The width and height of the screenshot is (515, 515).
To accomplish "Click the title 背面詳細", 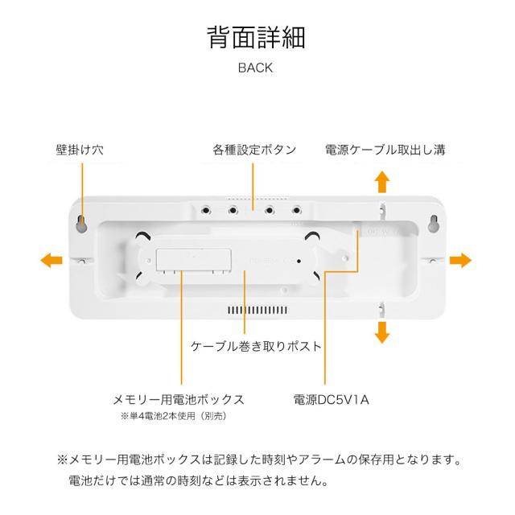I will [256, 37].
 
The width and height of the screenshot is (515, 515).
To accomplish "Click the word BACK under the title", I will [255, 68].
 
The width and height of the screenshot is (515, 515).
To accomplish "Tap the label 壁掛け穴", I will [80, 150].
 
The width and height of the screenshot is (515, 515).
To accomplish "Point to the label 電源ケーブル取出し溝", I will [385, 150].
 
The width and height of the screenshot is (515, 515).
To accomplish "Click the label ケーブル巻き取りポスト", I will [255, 346].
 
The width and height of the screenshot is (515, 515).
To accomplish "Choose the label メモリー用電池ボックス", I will [178, 399].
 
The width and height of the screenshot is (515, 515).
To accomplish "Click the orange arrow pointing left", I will [51, 259].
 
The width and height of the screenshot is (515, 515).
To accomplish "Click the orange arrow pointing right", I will [460, 259].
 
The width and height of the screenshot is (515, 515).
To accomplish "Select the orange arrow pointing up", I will [383, 181].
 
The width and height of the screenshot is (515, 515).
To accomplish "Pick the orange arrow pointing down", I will [383, 332].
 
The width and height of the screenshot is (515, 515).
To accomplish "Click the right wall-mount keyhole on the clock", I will [433, 222].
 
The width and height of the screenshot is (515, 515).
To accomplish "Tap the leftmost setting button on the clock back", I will [207, 210].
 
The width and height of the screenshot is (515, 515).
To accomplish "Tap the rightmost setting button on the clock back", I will [296, 210].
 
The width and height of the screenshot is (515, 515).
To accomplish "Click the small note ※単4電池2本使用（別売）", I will [173, 416].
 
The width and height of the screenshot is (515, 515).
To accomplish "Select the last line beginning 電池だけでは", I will [199, 482].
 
